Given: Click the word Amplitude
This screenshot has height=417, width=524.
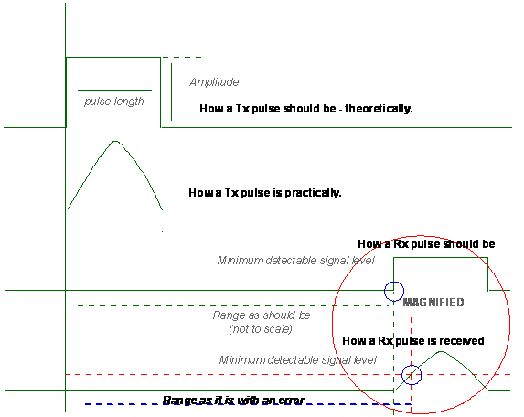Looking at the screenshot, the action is (x=214, y=82).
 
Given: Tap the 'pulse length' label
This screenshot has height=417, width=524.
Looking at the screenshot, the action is (x=114, y=102).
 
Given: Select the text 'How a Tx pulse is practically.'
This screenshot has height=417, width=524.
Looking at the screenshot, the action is (x=265, y=193).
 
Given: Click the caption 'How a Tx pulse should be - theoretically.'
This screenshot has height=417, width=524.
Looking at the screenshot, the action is (x=306, y=109).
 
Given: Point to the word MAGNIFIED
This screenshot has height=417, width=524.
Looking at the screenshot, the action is (x=433, y=303).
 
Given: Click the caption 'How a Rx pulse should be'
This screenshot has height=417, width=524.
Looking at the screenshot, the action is (x=426, y=244).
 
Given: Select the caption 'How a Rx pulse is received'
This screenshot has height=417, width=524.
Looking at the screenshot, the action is (x=413, y=341).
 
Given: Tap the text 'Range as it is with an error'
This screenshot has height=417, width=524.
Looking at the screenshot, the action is (x=233, y=400).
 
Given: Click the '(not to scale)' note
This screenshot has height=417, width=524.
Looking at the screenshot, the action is (x=261, y=329).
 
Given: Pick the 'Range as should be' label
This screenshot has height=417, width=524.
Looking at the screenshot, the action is (x=262, y=315).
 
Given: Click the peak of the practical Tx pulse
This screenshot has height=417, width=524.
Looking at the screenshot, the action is (x=115, y=141).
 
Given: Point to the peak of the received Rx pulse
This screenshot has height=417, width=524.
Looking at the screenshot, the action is (x=441, y=351).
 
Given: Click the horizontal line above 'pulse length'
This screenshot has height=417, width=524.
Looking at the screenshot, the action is (x=114, y=90).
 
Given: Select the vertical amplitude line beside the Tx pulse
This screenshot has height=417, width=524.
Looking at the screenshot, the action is (x=171, y=91).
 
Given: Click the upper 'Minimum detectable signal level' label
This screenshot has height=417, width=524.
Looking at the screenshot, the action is (x=296, y=261).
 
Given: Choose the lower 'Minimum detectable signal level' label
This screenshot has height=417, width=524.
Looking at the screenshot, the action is (x=298, y=360).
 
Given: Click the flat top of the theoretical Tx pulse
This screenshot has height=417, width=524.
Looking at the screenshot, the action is (x=113, y=58).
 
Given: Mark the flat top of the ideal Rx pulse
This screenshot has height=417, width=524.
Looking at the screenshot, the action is (x=441, y=258).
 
